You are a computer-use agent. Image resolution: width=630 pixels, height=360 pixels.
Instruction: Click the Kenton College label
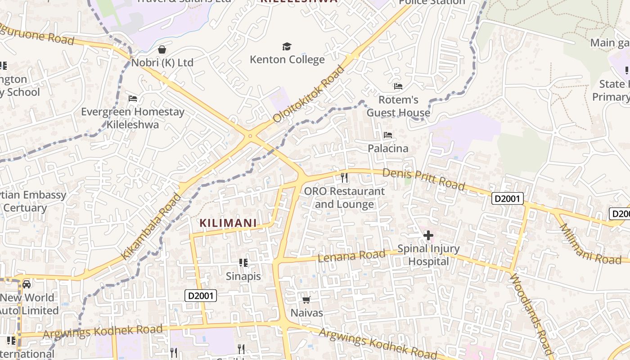[x=287, y=59]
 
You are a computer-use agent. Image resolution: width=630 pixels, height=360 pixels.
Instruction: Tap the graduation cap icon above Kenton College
[x=287, y=46]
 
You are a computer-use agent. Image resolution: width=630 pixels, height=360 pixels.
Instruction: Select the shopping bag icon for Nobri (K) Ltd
[x=162, y=49]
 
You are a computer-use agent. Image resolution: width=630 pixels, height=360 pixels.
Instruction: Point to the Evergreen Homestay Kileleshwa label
[x=133, y=118]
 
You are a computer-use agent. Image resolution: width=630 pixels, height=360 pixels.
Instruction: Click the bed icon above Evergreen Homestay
[x=133, y=98]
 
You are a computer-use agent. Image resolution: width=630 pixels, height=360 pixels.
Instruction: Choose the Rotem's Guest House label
[x=398, y=106]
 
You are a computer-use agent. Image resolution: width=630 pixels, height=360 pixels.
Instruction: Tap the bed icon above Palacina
[x=388, y=135]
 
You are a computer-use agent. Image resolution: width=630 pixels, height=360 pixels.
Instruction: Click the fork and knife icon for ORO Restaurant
[x=344, y=178]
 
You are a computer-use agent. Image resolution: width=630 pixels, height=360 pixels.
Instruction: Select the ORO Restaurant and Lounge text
[x=344, y=198]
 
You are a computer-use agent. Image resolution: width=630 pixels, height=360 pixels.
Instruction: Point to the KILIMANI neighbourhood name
[x=228, y=223]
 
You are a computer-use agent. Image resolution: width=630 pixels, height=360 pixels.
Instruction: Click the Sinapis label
[x=243, y=276]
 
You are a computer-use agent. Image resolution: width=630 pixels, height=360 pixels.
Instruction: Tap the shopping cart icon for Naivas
[x=306, y=299]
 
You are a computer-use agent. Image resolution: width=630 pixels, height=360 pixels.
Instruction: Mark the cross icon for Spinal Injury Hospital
[x=428, y=235]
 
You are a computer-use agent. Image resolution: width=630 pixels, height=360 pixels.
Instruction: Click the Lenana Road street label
[x=351, y=256]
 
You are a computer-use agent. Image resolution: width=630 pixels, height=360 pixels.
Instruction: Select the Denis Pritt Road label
[x=423, y=179]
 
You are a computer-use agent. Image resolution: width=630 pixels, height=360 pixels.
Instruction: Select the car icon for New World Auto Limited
[x=27, y=284]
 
